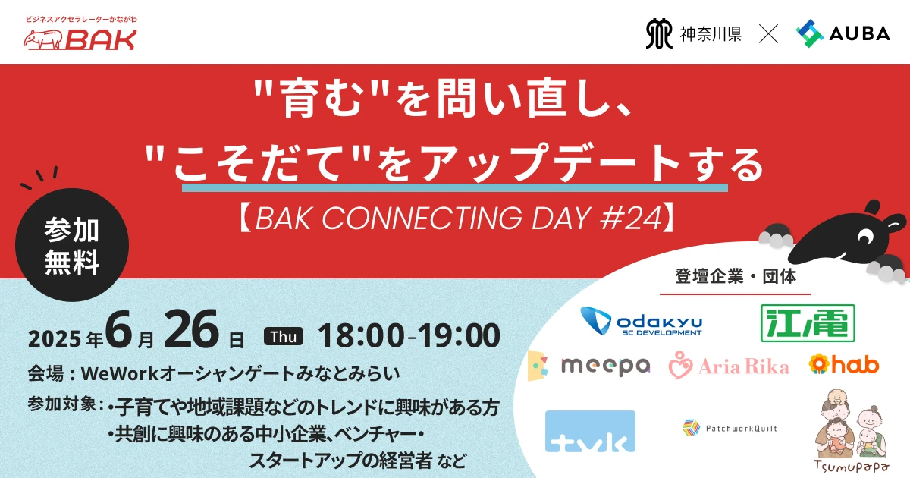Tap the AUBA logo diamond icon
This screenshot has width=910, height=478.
809,33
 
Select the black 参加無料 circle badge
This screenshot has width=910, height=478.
72,244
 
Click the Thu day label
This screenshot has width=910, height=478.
283,337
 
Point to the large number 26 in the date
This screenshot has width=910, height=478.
190,329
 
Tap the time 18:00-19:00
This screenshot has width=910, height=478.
409,335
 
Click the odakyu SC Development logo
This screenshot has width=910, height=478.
641,322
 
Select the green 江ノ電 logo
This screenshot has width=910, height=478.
808,323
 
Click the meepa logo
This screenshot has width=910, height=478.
588,366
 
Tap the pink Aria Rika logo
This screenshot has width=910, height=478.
729,366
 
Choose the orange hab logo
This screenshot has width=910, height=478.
844,363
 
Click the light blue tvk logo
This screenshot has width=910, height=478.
590,431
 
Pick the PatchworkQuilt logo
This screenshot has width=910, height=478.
730,428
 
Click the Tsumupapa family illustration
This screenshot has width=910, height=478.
851,431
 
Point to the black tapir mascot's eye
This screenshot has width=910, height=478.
865,236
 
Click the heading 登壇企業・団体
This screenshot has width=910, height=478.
736,276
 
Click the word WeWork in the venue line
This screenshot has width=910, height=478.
121,373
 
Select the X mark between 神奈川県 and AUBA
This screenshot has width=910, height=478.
769,33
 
